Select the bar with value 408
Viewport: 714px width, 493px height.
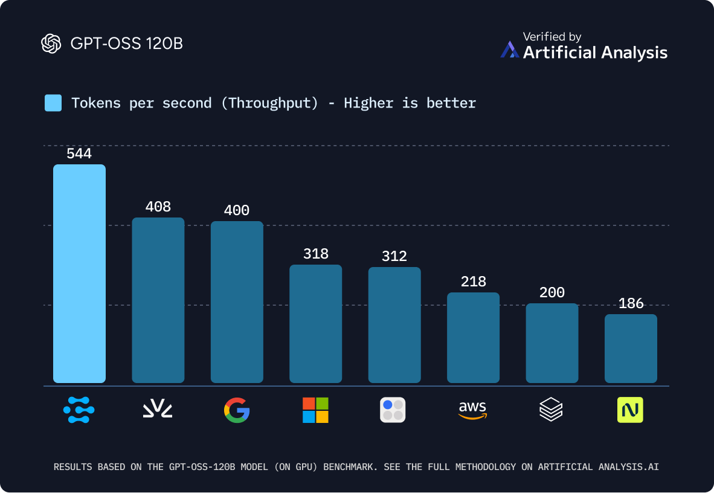point(158,300)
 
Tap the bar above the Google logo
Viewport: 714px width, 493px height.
point(237,301)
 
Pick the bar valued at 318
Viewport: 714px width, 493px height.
point(316,323)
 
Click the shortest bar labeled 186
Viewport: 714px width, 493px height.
point(631,348)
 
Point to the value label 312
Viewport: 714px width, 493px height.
point(394,256)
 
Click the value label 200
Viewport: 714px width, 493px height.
point(552,292)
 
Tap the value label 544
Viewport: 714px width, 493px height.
point(79,154)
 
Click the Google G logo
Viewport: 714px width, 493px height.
point(237,410)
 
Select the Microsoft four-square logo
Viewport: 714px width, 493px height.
point(315,410)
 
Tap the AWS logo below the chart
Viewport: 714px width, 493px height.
point(473,410)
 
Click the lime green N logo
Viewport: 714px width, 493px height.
point(630,410)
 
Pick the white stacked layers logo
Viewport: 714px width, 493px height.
point(551,410)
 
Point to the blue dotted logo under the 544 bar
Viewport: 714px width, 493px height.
point(79,410)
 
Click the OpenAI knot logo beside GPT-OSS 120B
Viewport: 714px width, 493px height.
point(51,43)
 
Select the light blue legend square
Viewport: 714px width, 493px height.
point(53,103)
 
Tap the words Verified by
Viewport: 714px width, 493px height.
point(552,37)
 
